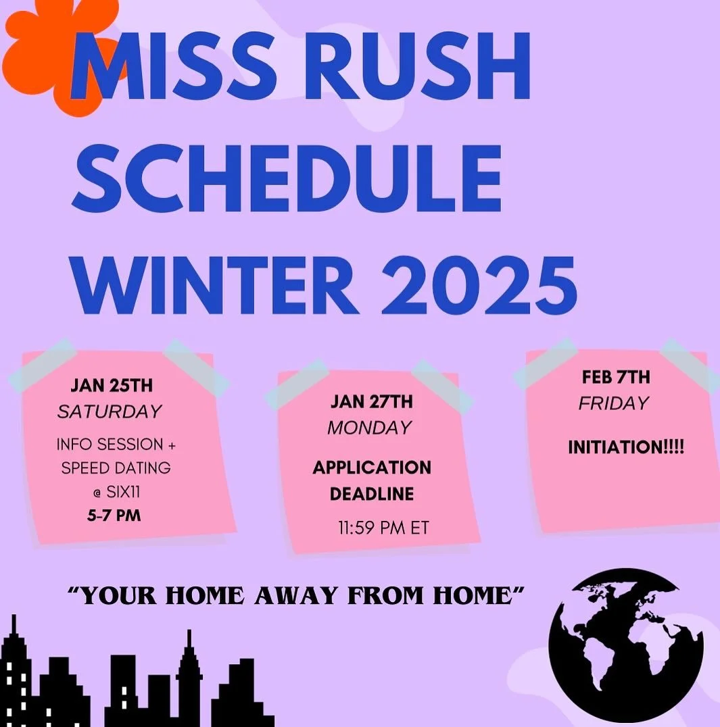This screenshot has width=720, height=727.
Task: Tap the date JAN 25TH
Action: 112,386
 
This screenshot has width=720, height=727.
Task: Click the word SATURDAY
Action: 110,411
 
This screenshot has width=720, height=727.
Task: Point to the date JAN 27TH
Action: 371,402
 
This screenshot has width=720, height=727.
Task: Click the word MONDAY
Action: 369,427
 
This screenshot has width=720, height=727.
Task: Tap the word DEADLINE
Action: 371,494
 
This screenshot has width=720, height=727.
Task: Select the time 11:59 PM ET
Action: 383,528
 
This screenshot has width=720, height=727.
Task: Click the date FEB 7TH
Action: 615,377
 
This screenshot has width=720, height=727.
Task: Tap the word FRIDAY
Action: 613,403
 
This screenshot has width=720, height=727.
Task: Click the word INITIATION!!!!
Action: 625,447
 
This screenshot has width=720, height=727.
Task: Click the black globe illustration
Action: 626,645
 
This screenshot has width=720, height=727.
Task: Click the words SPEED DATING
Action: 116,468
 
